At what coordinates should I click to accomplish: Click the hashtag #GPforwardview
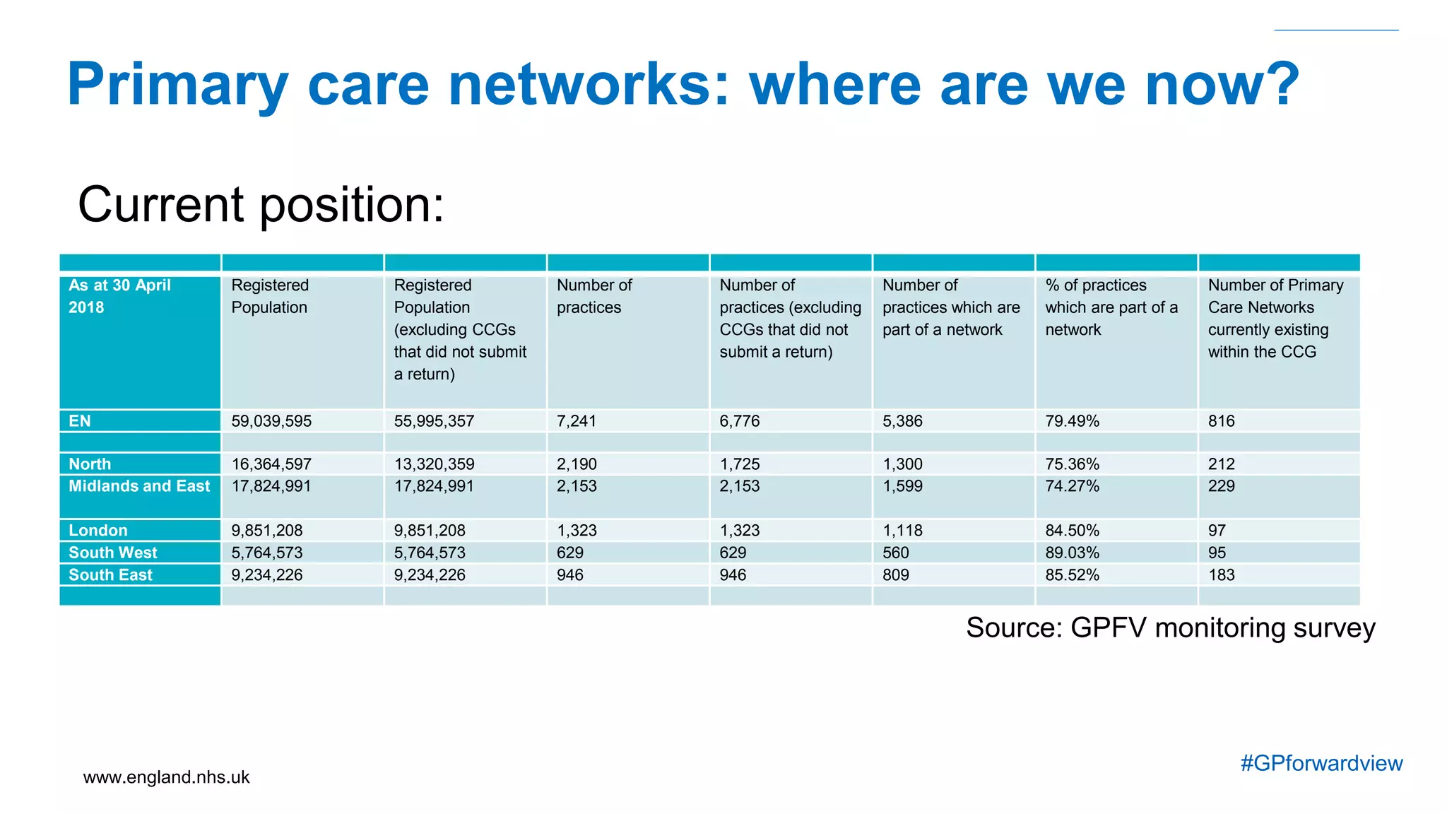(x=1321, y=763)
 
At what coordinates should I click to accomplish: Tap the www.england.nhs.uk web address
(x=166, y=777)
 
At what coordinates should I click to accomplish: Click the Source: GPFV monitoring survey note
(x=1170, y=627)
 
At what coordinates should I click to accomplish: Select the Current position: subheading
(x=261, y=205)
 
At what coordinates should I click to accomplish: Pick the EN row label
(x=80, y=421)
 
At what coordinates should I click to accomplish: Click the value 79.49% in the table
(x=1072, y=421)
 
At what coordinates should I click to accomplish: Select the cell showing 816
(x=1221, y=421)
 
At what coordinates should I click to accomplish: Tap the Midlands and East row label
(x=139, y=486)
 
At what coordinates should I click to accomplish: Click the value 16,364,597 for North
(x=271, y=464)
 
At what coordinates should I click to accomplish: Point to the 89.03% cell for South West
(x=1072, y=553)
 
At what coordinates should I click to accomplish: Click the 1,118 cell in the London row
(x=902, y=531)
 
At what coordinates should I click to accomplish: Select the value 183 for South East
(x=1221, y=575)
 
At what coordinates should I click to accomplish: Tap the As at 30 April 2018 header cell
(x=119, y=296)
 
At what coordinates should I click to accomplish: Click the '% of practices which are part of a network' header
(x=1111, y=307)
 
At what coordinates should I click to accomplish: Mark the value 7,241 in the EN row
(x=577, y=421)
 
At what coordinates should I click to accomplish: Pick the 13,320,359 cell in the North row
(x=434, y=464)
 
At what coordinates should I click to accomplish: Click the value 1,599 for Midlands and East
(x=902, y=486)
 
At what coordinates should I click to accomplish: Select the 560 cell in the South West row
(x=895, y=553)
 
